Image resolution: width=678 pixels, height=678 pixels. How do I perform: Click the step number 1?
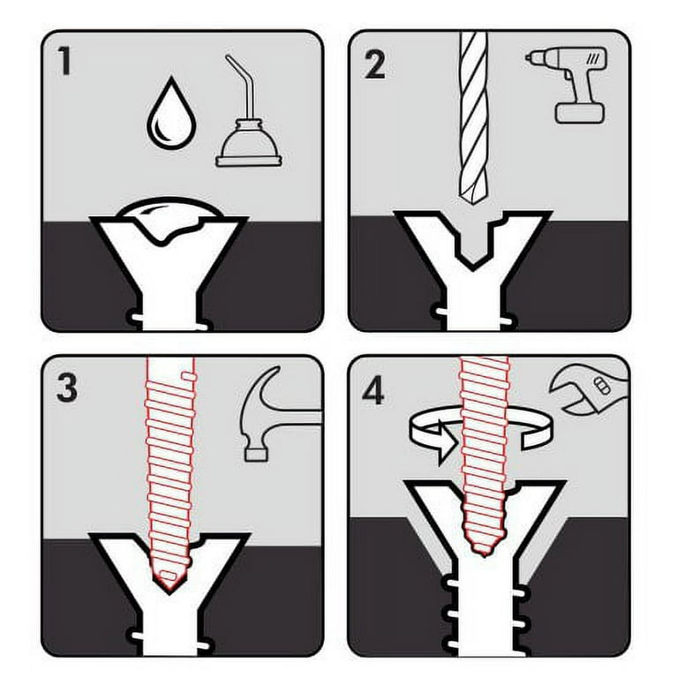click(x=64, y=61)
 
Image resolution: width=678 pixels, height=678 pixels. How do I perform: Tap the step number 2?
click(x=374, y=64)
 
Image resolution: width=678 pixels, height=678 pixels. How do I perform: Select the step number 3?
click(x=67, y=388)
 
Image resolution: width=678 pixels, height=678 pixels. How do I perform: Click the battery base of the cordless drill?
click(x=579, y=113)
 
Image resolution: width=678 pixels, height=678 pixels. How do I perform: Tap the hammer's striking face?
click(x=256, y=455)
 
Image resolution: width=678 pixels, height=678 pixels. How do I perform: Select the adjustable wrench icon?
click(x=589, y=391)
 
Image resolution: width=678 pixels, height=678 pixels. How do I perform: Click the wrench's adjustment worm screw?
click(x=601, y=385)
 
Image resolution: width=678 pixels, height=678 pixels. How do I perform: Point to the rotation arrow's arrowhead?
click(x=447, y=442)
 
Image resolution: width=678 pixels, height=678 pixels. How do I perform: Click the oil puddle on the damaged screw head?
click(x=169, y=220)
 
